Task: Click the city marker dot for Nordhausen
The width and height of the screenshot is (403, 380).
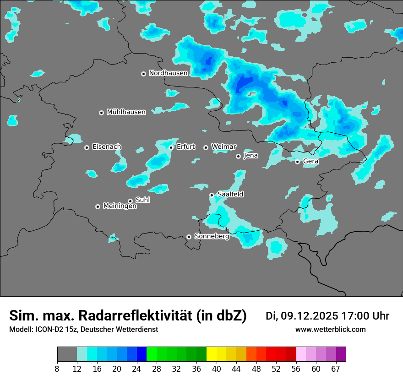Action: click(143, 74)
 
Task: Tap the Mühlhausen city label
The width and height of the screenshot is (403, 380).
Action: click(126, 112)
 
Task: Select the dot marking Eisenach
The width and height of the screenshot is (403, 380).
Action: click(87, 147)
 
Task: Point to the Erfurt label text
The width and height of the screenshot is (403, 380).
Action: click(185, 147)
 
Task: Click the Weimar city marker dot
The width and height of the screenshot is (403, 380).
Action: click(206, 147)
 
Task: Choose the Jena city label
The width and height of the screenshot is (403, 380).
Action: click(251, 156)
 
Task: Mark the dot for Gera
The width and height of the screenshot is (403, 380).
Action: click(297, 162)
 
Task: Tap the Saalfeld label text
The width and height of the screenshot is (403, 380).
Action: click(230, 195)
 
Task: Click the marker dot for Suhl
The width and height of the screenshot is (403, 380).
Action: click(130, 201)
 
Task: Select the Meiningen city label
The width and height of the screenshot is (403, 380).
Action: click(120, 206)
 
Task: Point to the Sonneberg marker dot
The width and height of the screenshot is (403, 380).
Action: click(189, 237)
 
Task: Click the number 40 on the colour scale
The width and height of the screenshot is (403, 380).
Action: click(217, 369)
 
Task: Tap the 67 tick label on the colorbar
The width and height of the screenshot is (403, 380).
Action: click(336, 369)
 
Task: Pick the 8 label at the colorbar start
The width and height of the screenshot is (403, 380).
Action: click(57, 369)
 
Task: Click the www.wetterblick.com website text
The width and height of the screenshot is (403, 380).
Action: click(330, 330)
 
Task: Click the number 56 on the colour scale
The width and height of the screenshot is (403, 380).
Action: click(296, 369)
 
